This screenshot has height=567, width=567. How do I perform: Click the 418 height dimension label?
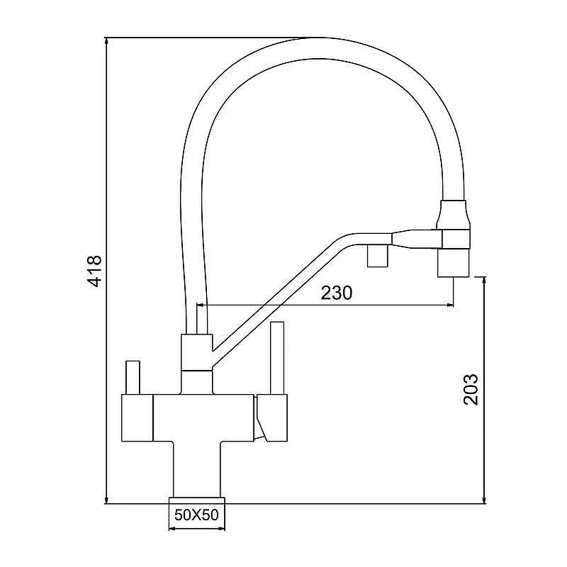pos(96,271)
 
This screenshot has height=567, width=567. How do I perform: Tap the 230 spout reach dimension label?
pos(336,293)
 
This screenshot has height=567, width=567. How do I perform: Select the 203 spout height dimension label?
pos(471,389)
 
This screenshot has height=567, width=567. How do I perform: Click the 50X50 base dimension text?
pos(197,515)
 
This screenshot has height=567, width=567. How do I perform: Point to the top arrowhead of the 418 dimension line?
pos(106,41)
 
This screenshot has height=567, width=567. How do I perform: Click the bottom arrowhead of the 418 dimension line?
pos(106,500)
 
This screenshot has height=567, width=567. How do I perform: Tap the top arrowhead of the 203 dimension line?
pos(484,281)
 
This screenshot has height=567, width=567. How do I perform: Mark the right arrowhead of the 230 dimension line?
pos(449,305)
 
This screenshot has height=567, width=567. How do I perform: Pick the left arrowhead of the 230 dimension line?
pos(201,305)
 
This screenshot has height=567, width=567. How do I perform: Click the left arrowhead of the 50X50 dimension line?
pos(173,529)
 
